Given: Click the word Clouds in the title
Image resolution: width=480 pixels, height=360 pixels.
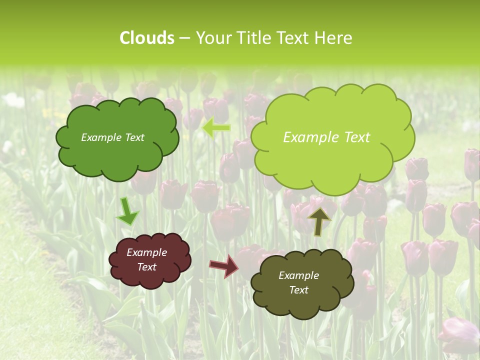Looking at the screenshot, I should (x=147, y=38).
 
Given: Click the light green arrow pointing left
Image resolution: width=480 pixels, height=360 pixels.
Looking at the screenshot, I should (x=216, y=128).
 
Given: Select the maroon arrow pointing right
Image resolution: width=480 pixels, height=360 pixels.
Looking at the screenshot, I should (x=224, y=265).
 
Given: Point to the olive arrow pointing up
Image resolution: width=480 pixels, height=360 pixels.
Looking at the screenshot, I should (x=319, y=220).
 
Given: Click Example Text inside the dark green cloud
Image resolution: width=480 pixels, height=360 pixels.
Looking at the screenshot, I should (x=112, y=137).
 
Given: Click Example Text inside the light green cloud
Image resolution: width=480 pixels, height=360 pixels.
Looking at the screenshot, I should (x=326, y=137).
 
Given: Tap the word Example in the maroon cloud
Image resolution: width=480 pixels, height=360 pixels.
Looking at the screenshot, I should (x=146, y=252).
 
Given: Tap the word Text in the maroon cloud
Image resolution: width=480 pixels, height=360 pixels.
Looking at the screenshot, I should (x=146, y=267).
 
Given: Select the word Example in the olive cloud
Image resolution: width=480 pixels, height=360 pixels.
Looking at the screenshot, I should (x=298, y=275).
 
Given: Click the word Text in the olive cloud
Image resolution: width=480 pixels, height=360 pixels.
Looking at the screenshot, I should (x=298, y=290).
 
